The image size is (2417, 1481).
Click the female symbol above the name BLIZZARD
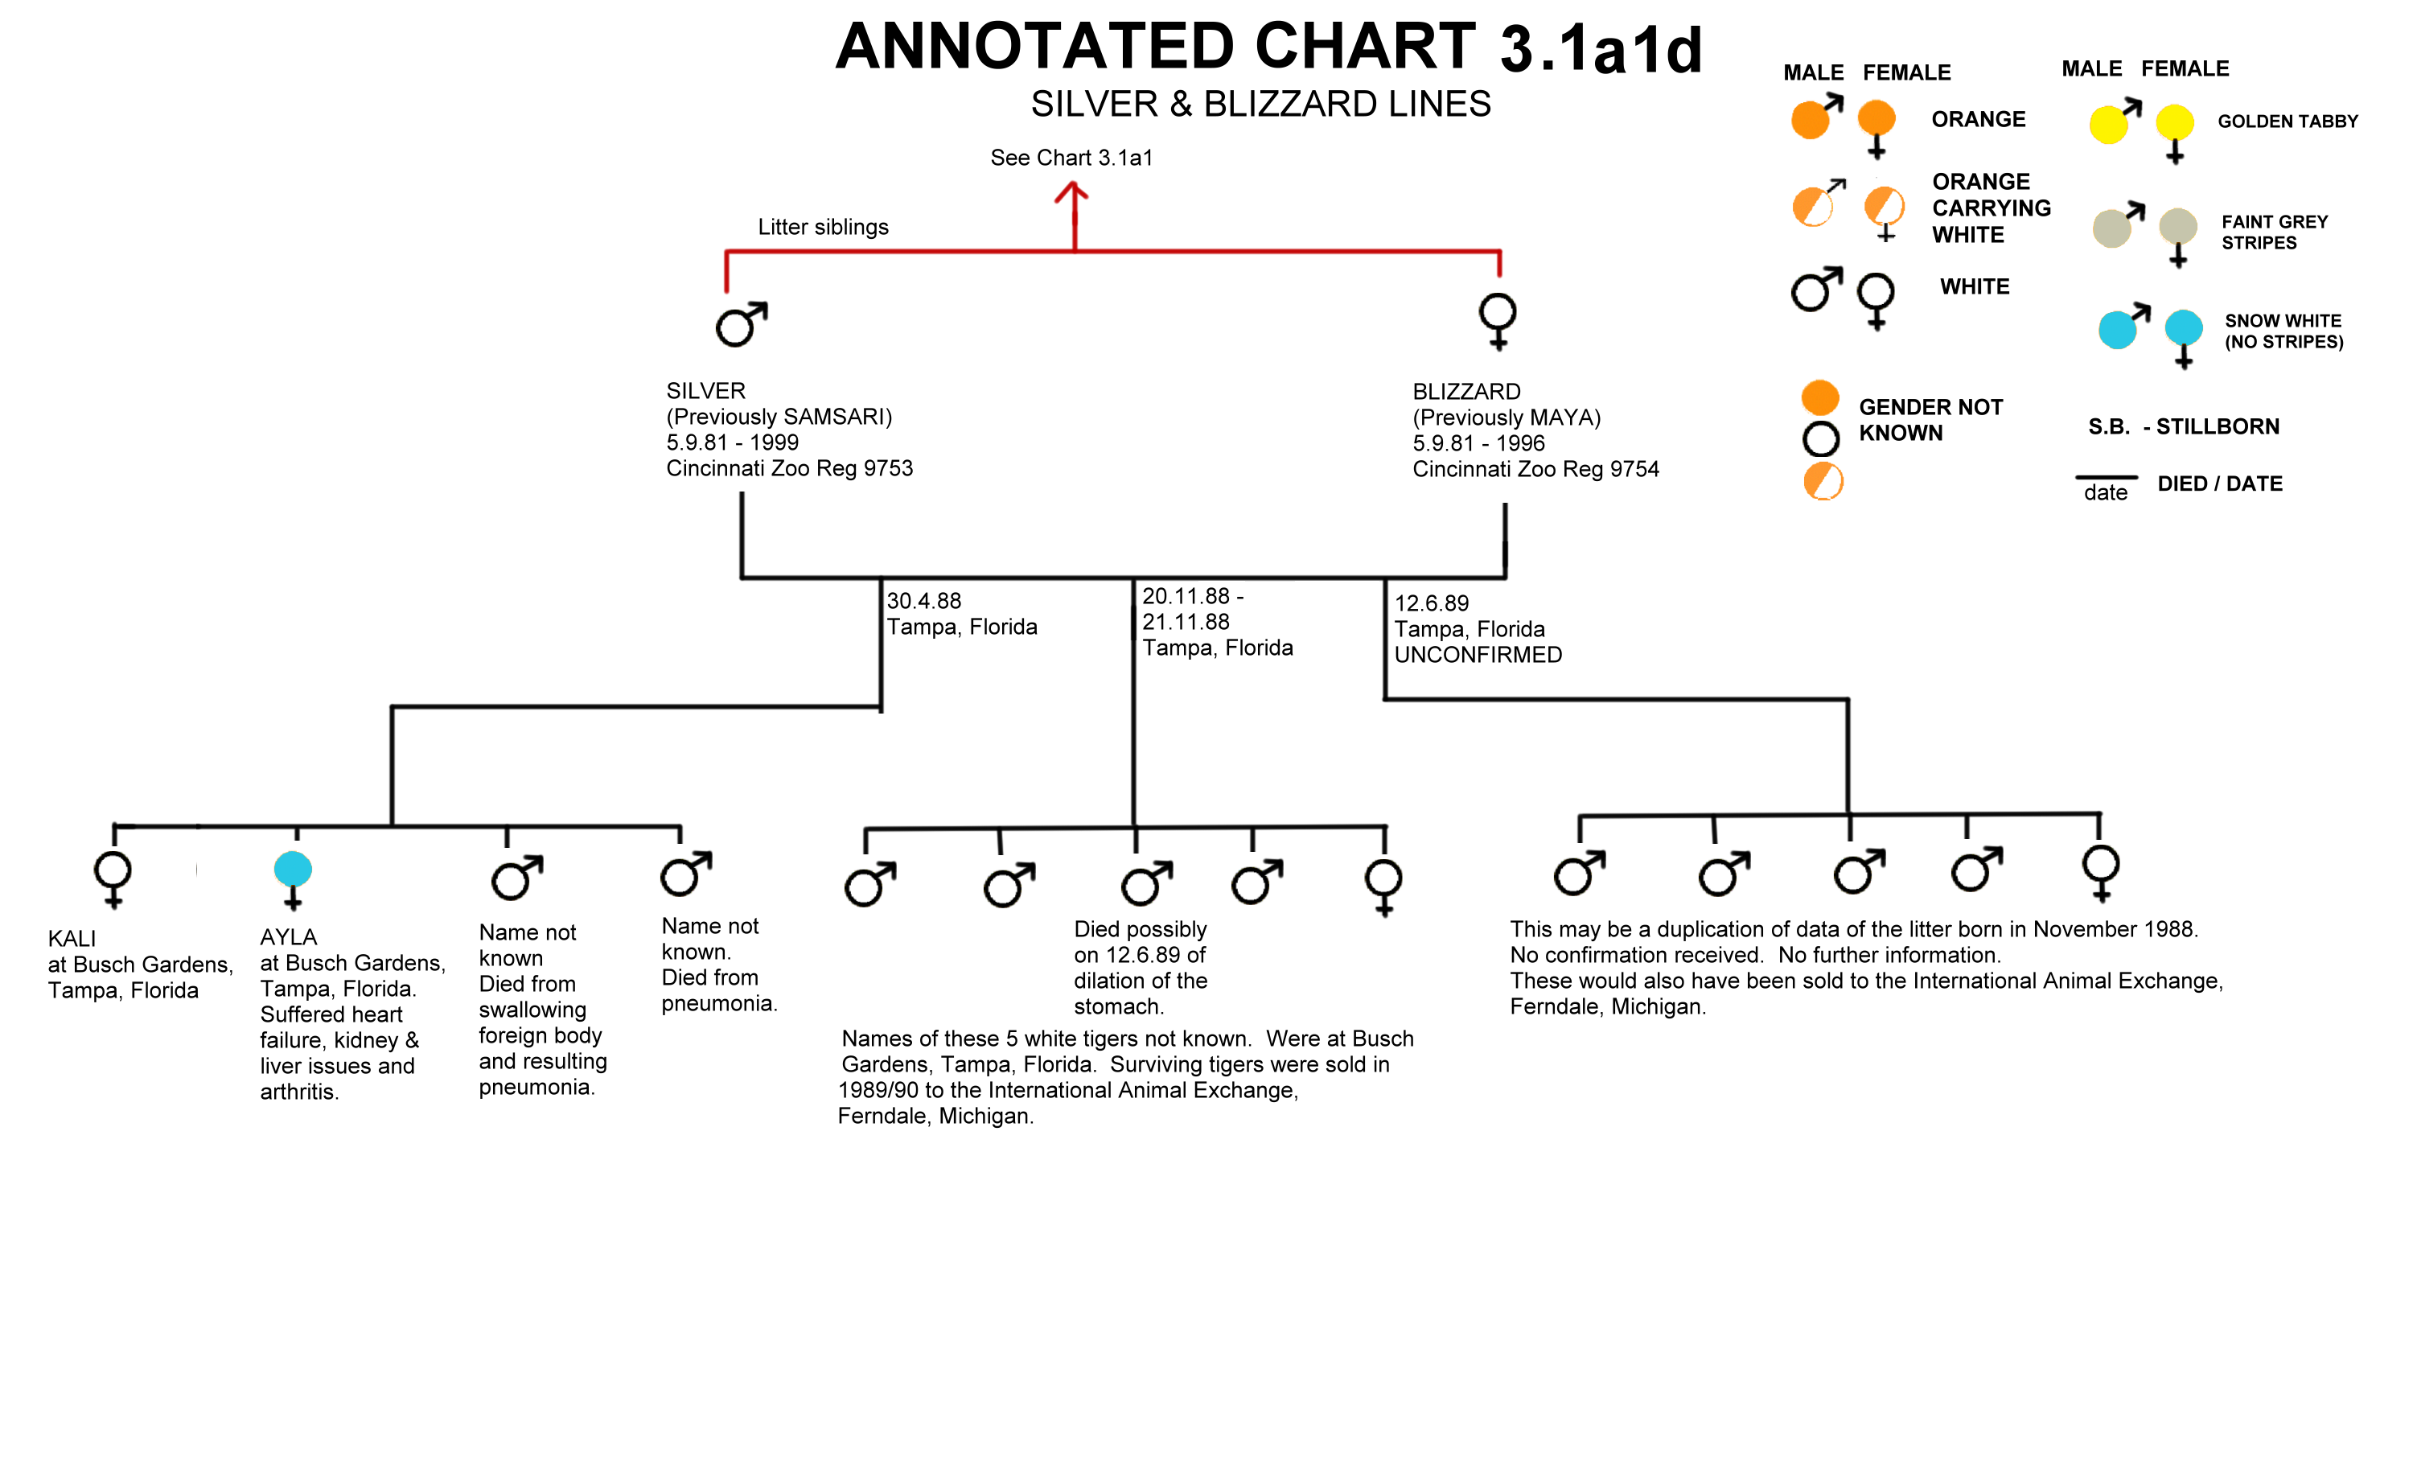coord(1498,321)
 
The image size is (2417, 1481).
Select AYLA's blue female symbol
coord(292,880)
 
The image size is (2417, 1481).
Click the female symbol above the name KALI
coord(113,878)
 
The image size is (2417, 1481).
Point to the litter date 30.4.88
coord(924,600)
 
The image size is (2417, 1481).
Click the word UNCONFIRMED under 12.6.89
coord(1478,654)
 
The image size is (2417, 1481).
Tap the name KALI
coord(72,939)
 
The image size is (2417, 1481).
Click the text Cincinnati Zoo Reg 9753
coord(790,468)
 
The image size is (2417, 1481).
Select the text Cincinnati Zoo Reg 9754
coord(1536,469)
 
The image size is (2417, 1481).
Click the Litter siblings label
coord(823,227)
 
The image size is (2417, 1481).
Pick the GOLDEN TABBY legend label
coord(2288,121)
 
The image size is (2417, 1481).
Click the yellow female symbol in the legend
coord(2175,134)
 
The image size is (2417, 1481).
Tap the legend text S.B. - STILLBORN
coord(2184,426)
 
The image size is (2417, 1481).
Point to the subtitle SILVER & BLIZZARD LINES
coord(1260,104)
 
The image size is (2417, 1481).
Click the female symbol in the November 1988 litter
coord(1383,887)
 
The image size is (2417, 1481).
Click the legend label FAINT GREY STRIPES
coord(2274,232)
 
